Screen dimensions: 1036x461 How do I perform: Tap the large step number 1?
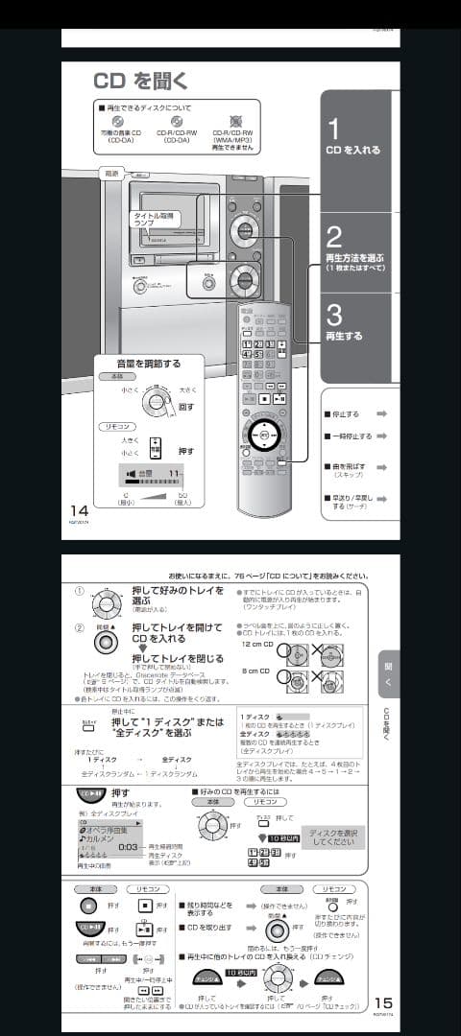[x=333, y=129]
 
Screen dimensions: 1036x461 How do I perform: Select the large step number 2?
[x=333, y=236]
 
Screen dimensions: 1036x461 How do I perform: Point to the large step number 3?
[x=333, y=315]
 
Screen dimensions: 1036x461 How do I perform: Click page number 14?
[x=79, y=509]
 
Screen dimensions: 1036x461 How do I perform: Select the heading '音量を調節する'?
[x=148, y=364]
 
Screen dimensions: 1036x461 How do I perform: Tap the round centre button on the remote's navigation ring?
[x=264, y=436]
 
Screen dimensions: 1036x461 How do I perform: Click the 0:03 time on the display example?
[x=128, y=847]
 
